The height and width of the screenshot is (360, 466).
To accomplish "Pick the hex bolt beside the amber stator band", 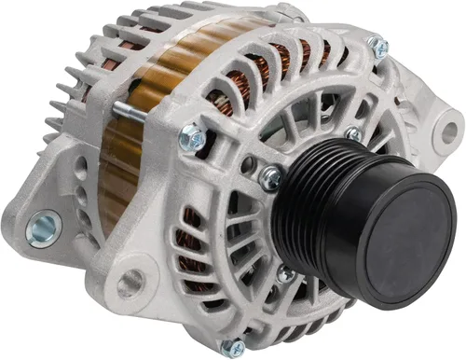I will click(192, 137).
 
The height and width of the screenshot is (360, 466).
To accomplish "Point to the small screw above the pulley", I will click(353, 134).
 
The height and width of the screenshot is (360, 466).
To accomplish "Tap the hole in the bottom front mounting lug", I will click(129, 281).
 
